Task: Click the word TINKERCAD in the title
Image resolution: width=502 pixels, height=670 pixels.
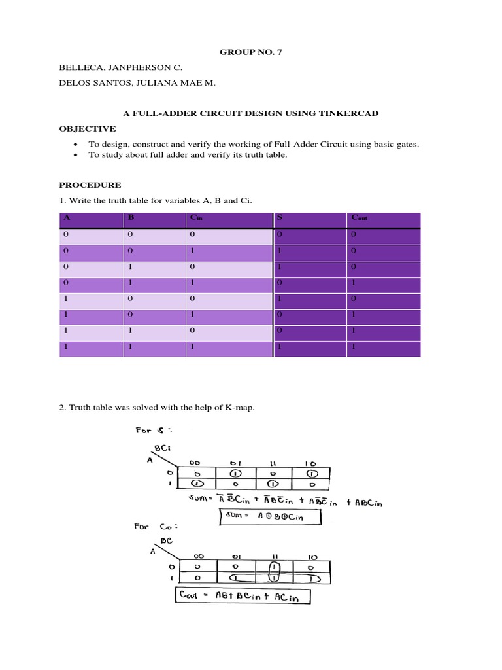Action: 350,113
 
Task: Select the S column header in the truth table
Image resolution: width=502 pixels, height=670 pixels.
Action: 280,218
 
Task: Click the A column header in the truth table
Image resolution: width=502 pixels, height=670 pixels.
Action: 65,218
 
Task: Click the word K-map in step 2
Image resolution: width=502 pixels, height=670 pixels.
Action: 240,408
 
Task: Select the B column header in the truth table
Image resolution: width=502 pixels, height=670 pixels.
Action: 131,218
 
